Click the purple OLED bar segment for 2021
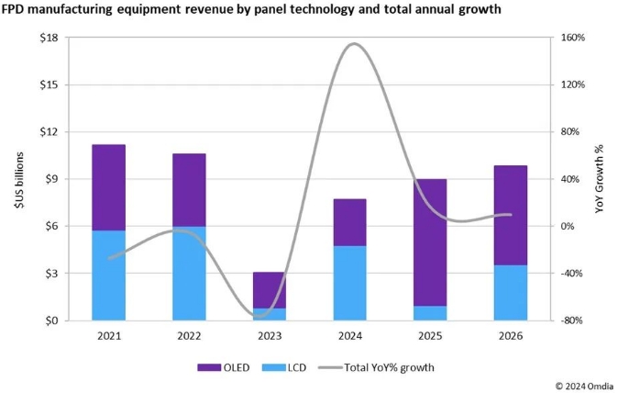coord(108,187)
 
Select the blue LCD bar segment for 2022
coord(189,274)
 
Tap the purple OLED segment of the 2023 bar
coord(270,289)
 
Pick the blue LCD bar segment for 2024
coord(349,283)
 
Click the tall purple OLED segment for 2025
coord(430,242)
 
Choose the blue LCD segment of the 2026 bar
coord(511,293)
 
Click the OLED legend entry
coord(218,367)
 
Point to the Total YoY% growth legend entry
coord(376,367)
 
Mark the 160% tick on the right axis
coord(572,38)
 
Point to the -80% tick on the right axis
coord(572,320)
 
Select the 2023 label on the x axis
coord(270,336)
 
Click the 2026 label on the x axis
coord(511,336)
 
